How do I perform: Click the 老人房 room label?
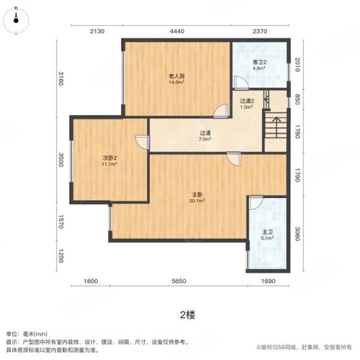coord(176,76)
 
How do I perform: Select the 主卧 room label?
coord(197,195)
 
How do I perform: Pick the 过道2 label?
coord(247,102)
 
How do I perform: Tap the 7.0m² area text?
coord(204,139)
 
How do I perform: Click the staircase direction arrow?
coord(276,127)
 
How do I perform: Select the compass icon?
coord(16,20)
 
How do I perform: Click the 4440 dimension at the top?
coord(177,32)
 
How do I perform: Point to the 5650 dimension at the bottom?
coord(179,281)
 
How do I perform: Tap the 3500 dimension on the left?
coord(60,159)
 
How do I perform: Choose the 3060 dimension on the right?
coord(297,233)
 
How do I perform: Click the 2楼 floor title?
coord(188,315)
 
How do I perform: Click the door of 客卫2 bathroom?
coord(241,83)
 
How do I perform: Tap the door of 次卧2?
coord(143,143)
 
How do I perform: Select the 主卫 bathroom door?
coord(256,203)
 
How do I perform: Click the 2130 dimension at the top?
coord(97,32)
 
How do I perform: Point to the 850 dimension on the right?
coord(297,99)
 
